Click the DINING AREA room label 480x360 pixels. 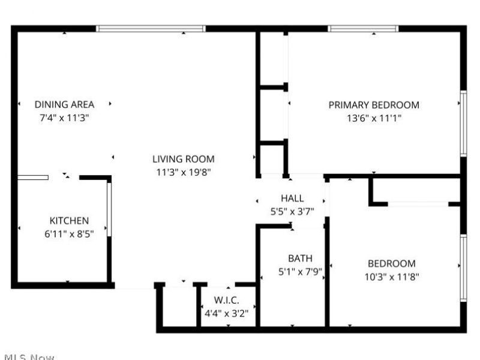pos(64,104)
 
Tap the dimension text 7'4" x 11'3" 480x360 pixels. pos(64,118)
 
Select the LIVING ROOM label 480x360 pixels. pos(183,159)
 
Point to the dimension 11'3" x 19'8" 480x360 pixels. pos(183,172)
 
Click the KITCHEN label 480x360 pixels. pos(69,221)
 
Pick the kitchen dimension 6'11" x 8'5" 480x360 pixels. pos(69,234)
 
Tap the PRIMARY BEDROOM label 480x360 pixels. pos(374,105)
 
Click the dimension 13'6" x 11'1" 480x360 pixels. pos(374,118)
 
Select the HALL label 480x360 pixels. pos(292,198)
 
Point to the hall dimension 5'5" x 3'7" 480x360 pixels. pos(292,211)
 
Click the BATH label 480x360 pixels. pos(300,259)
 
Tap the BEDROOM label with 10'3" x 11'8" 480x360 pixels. pos(391,263)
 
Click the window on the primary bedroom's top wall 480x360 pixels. pos(363,28)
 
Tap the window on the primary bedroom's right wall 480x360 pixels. pos(463,123)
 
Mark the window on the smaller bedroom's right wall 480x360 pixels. pos(463,268)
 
